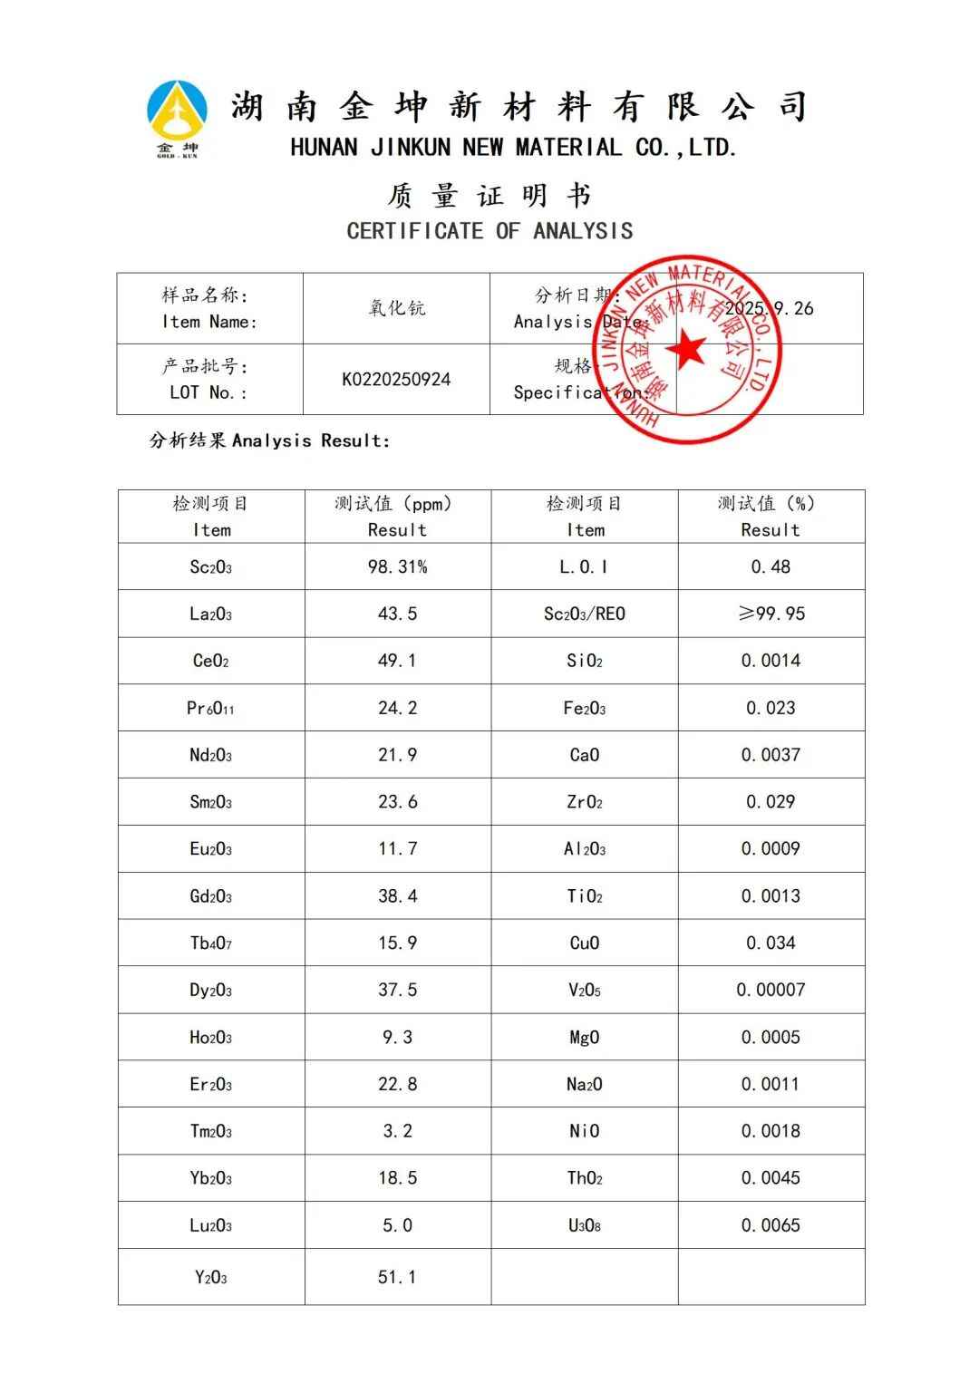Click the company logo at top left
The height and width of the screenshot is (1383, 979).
tap(177, 118)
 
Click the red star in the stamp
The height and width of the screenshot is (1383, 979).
tap(685, 350)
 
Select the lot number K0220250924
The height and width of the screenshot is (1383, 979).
tap(396, 380)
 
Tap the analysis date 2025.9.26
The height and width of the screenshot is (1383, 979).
tap(769, 308)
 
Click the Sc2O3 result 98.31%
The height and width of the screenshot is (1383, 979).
tap(397, 567)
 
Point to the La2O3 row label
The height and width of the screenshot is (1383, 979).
tap(210, 614)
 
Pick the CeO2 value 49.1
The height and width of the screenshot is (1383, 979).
tap(397, 661)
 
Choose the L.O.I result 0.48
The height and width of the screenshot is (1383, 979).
tap(771, 567)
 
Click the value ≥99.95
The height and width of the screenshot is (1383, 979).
tap(771, 614)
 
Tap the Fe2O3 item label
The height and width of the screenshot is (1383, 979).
tap(584, 709)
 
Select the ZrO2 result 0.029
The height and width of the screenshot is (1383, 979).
tap(771, 802)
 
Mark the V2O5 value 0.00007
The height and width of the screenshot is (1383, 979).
tap(771, 990)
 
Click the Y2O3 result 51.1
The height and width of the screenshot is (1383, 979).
tap(397, 1277)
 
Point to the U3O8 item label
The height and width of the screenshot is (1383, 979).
tap(584, 1225)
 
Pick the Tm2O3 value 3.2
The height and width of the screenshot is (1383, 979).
tap(397, 1131)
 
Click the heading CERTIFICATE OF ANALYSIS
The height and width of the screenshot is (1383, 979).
tap(489, 231)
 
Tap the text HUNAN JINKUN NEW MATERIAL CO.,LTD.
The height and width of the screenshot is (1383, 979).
tap(513, 148)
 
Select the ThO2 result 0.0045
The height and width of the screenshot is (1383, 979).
tap(771, 1178)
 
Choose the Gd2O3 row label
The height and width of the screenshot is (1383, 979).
tap(210, 896)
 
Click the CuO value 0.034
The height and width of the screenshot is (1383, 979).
tap(771, 943)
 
